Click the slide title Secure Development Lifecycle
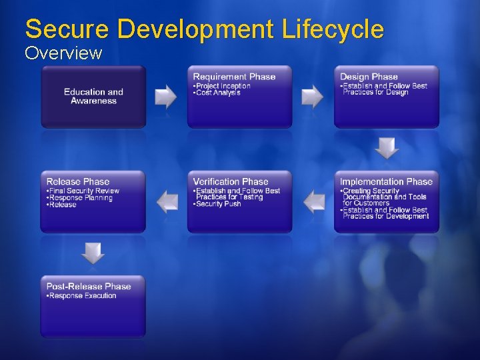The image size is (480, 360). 204,29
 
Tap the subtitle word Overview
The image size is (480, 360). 63,53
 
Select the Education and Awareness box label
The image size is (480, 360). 93,97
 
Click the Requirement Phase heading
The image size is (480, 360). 234,77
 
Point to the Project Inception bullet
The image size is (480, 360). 223,86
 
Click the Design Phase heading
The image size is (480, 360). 369,77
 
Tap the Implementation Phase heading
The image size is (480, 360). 386,181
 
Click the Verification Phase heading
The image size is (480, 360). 231,181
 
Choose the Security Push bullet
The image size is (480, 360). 218,204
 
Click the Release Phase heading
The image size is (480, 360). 78,181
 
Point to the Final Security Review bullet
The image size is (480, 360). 84,191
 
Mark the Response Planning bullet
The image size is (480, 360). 81,198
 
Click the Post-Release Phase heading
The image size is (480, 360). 89,286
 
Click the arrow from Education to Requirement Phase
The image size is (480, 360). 166,97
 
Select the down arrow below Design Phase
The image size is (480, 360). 387,148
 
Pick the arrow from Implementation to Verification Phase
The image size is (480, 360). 313,201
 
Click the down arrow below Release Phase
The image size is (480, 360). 93,253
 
